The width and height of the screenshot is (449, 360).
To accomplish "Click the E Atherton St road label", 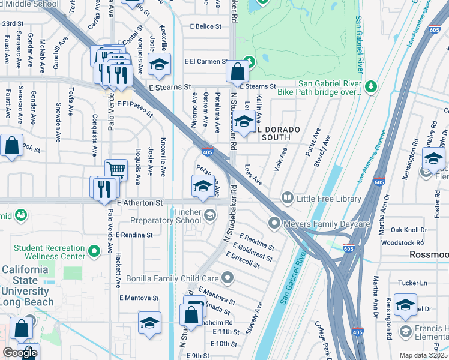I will pos(140,203).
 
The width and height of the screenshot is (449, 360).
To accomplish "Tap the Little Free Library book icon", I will pos(288,199).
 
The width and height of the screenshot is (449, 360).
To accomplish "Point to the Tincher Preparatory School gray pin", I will pos(209,214).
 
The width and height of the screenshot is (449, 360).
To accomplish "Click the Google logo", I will pos(20,353).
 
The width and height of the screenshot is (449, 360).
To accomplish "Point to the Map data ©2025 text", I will pos(423,355).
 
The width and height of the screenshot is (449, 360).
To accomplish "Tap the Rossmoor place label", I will pos(429,254).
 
